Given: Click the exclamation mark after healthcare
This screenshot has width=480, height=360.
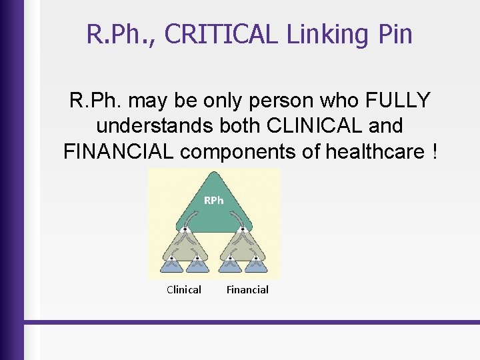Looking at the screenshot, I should tap(435, 151).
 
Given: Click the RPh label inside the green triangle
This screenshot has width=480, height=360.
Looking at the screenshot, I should tap(213, 200).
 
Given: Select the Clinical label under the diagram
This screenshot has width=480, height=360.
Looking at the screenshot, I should tap(184, 289).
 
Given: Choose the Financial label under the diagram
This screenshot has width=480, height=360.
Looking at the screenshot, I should tap(247, 289).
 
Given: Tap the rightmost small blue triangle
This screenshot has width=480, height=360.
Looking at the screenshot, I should tap(256, 265).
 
